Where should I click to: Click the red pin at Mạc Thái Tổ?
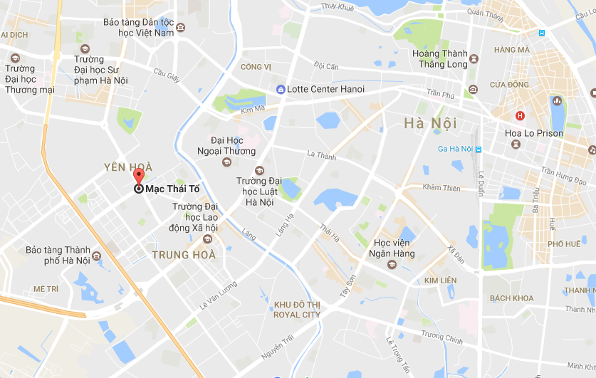coord(138,176)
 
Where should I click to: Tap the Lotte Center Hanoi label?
coord(325,90)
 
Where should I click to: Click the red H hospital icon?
coord(520,115)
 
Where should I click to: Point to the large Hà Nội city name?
coord(430,123)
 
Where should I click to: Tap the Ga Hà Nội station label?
coord(455,149)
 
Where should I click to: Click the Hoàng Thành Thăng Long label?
coord(439,58)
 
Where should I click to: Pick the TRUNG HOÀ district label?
coord(183,255)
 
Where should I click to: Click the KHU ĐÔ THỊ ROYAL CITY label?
coord(297,310)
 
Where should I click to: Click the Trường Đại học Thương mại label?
coord(29,79)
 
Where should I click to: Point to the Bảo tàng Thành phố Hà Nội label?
coord(58,255)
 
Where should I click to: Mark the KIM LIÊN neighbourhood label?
coord(440,281)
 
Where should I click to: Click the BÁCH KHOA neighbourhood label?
coord(511,298)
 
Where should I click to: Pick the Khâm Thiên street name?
coord(441,188)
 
